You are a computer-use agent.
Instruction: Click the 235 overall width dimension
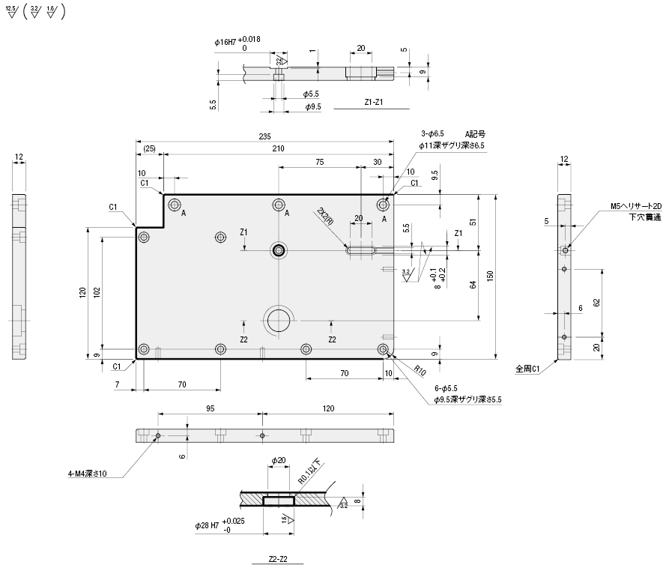(264, 136)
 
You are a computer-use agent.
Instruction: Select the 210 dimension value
(278, 149)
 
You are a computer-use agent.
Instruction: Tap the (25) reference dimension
(149, 150)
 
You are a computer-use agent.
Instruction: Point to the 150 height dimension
(490, 276)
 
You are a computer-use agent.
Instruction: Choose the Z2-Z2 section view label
(278, 559)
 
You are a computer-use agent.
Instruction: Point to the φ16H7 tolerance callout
(237, 43)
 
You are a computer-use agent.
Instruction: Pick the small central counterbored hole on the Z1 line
(279, 250)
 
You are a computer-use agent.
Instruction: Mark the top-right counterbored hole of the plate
(383, 205)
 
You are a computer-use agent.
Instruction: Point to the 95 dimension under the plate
(211, 409)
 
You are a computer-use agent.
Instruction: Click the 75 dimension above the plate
(320, 162)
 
